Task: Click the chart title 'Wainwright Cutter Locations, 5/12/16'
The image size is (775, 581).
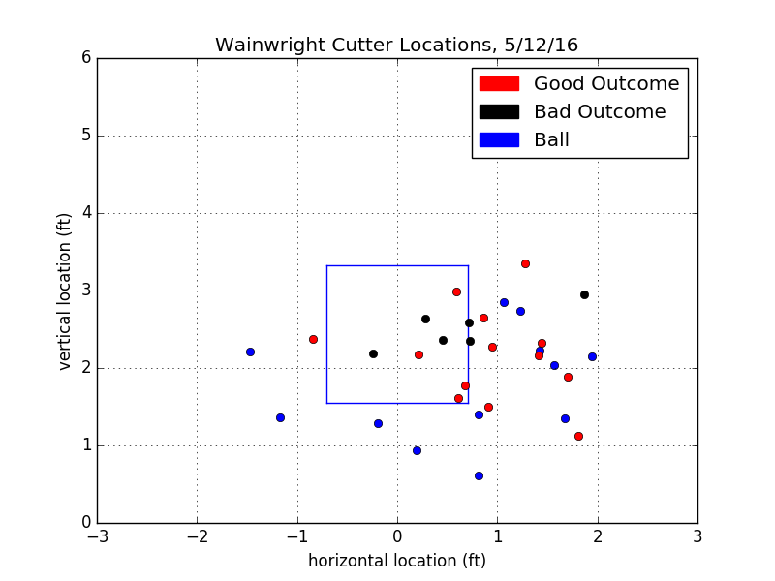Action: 396,46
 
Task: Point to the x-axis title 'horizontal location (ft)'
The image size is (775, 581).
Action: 397,561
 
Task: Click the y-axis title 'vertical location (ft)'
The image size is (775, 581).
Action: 66,290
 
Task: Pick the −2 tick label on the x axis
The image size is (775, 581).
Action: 197,535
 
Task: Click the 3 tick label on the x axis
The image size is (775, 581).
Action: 697,535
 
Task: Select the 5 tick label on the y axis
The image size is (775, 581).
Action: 86,136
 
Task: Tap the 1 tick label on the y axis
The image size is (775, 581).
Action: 86,445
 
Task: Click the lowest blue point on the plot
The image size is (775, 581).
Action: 479,475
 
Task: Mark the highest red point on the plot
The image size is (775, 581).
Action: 525,263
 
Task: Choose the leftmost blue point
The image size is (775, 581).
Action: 250,352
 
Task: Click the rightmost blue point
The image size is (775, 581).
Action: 592,356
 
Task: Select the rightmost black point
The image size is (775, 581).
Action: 584,294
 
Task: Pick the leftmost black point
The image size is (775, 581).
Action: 373,353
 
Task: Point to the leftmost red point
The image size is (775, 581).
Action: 313,339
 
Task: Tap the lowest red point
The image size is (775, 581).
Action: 578,436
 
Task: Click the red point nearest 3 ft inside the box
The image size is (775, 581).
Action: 456,291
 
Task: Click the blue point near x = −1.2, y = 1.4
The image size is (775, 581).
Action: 280,417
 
